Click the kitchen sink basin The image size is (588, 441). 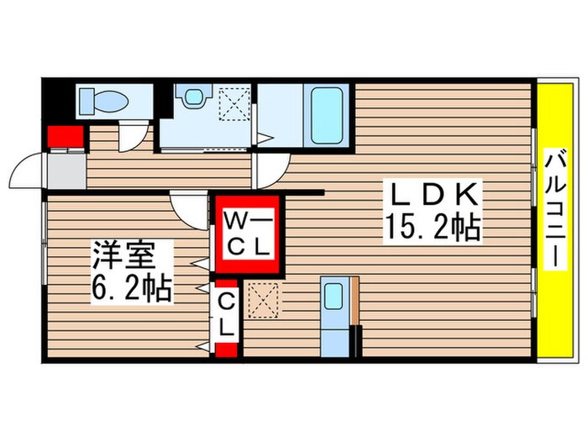(333, 296)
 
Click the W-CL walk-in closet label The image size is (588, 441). (248, 234)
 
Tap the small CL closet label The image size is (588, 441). (227, 313)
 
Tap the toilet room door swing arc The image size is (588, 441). (132, 136)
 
